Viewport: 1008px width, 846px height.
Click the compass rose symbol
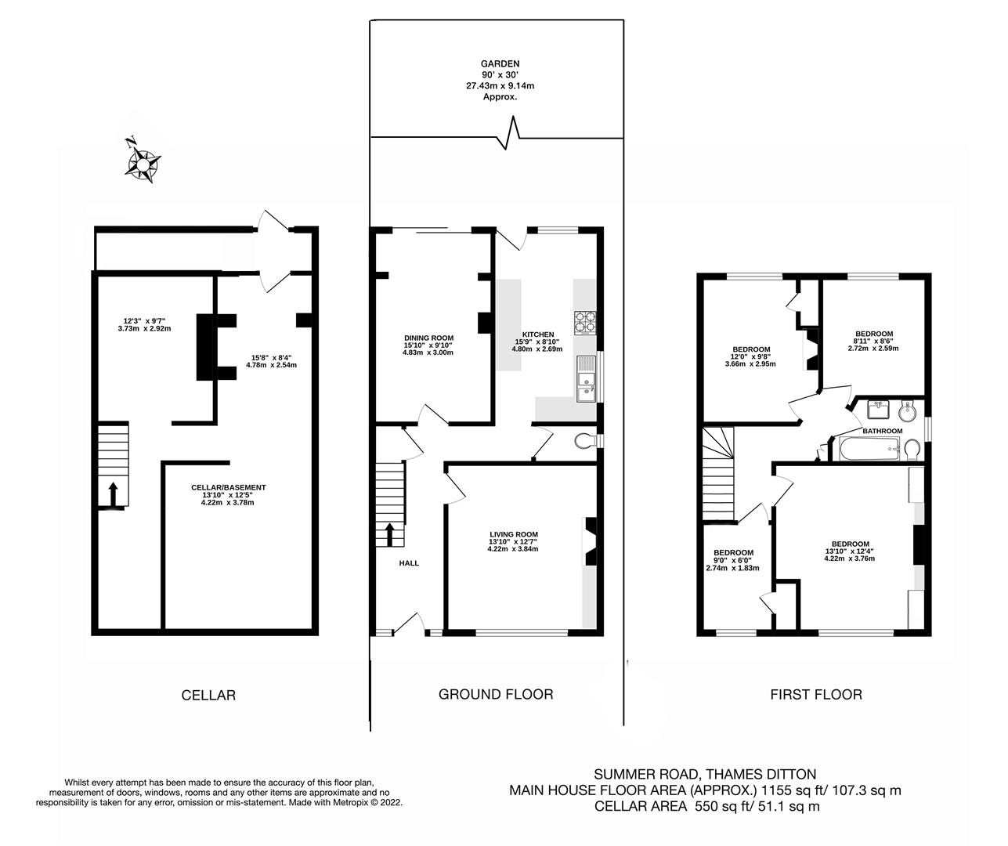144,163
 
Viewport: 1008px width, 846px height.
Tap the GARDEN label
500,64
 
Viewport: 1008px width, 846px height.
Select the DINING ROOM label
428,337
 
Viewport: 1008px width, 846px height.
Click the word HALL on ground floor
409,563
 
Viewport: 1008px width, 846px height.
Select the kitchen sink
585,379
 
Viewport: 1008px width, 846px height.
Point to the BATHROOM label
882,431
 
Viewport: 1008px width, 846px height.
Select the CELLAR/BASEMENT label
229,487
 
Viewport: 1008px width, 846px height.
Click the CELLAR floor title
208,695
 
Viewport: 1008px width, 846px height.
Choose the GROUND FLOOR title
496,694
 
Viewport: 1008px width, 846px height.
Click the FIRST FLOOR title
815,694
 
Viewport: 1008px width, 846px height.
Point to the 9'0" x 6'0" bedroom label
732,552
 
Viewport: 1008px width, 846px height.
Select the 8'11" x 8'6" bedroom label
873,334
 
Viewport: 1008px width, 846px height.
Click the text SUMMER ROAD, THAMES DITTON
705,774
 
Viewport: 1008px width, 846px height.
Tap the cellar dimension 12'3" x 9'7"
143,320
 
